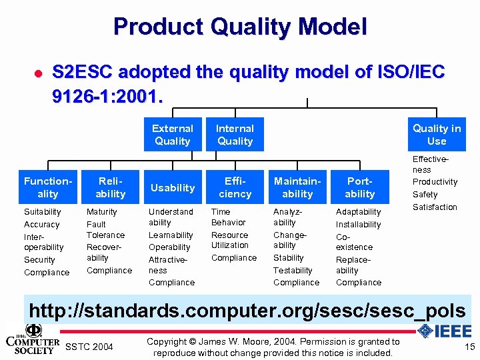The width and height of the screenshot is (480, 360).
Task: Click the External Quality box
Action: [173, 135]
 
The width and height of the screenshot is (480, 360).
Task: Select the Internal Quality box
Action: [235, 135]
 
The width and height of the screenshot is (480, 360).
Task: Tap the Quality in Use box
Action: [437, 135]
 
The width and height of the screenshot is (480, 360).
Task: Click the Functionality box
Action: [47, 187]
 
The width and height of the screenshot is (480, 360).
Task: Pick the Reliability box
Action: [110, 187]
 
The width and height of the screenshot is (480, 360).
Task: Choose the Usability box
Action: [173, 188]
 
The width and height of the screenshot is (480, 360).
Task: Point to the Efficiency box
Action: [235, 187]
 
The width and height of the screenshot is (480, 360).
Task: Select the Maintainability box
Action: [297, 187]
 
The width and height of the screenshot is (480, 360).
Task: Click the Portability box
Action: [360, 187]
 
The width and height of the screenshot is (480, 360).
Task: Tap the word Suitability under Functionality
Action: [43, 212]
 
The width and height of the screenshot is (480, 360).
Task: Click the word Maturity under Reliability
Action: [102, 212]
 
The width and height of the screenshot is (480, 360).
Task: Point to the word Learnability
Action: [171, 235]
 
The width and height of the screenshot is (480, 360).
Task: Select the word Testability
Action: [293, 271]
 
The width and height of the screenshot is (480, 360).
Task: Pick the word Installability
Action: [359, 225]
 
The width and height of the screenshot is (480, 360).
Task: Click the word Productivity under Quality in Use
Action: [435, 182]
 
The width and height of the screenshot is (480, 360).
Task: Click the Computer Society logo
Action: [32, 339]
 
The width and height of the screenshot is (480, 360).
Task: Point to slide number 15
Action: [469, 347]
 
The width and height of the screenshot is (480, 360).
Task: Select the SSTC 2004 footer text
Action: [90, 347]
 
